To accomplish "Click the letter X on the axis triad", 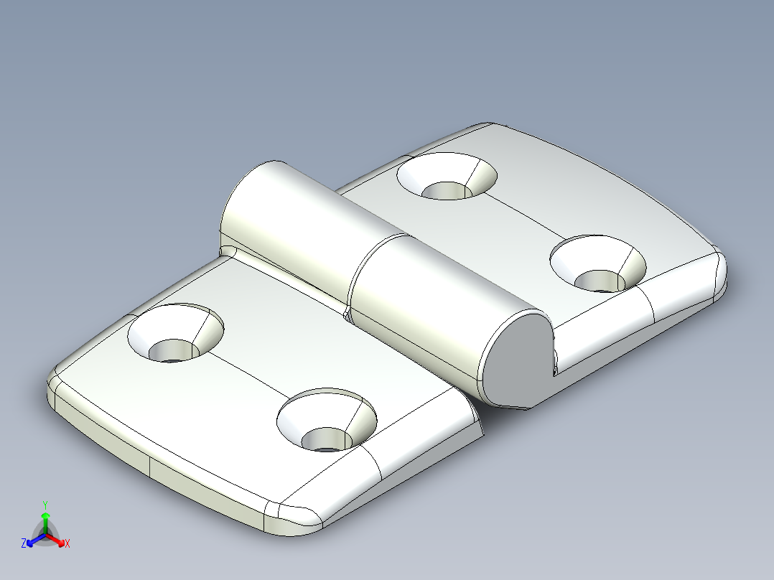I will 67,544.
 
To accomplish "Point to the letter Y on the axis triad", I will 45,504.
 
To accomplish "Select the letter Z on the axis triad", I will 24,543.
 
